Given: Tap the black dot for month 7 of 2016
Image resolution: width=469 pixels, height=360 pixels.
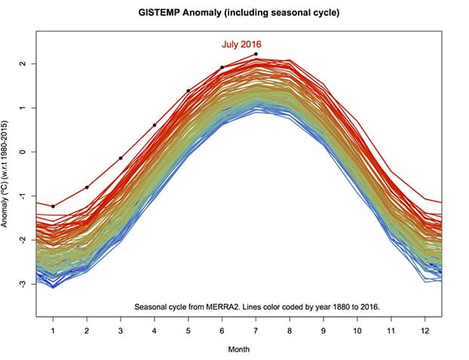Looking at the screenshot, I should [256, 54].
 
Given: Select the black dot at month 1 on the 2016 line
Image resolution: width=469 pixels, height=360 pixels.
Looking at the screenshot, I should [54, 206].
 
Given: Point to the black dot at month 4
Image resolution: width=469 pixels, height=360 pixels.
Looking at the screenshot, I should [155, 125].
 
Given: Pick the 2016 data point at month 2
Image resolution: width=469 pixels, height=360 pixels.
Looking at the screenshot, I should [87, 187].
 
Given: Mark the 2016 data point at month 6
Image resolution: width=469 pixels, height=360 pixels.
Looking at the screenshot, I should [222, 67].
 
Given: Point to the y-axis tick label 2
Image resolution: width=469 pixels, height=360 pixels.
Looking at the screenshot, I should [23, 63].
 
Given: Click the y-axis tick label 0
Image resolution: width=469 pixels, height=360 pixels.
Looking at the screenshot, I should [23, 152].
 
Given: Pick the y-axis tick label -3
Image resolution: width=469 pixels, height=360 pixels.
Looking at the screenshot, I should [23, 284].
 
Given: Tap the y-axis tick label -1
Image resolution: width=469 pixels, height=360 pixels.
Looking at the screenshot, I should [23, 195].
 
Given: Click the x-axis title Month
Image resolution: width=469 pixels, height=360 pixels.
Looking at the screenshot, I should [239, 349].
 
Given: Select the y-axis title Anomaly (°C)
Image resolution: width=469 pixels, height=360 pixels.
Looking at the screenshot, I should [7, 172].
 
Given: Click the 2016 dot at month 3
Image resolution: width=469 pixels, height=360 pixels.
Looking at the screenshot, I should [121, 158].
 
